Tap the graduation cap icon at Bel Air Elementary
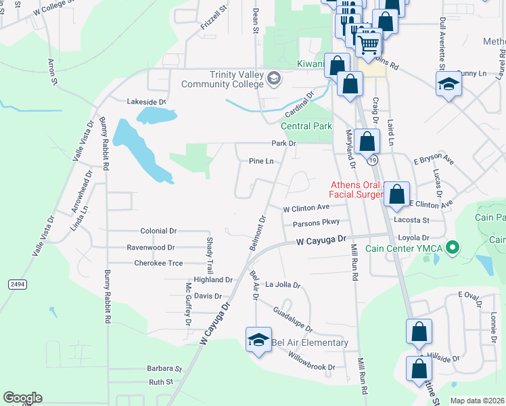(x=258, y=340)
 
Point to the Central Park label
(x=306, y=126)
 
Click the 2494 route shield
(x=18, y=285)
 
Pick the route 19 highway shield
(x=373, y=160)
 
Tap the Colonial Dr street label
(x=158, y=231)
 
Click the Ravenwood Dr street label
(x=151, y=248)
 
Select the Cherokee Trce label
(x=158, y=263)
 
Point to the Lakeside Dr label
(x=147, y=102)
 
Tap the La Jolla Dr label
(x=282, y=285)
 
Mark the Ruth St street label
(x=161, y=382)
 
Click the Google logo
(x=22, y=398)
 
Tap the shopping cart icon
(x=369, y=44)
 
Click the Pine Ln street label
(x=261, y=161)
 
